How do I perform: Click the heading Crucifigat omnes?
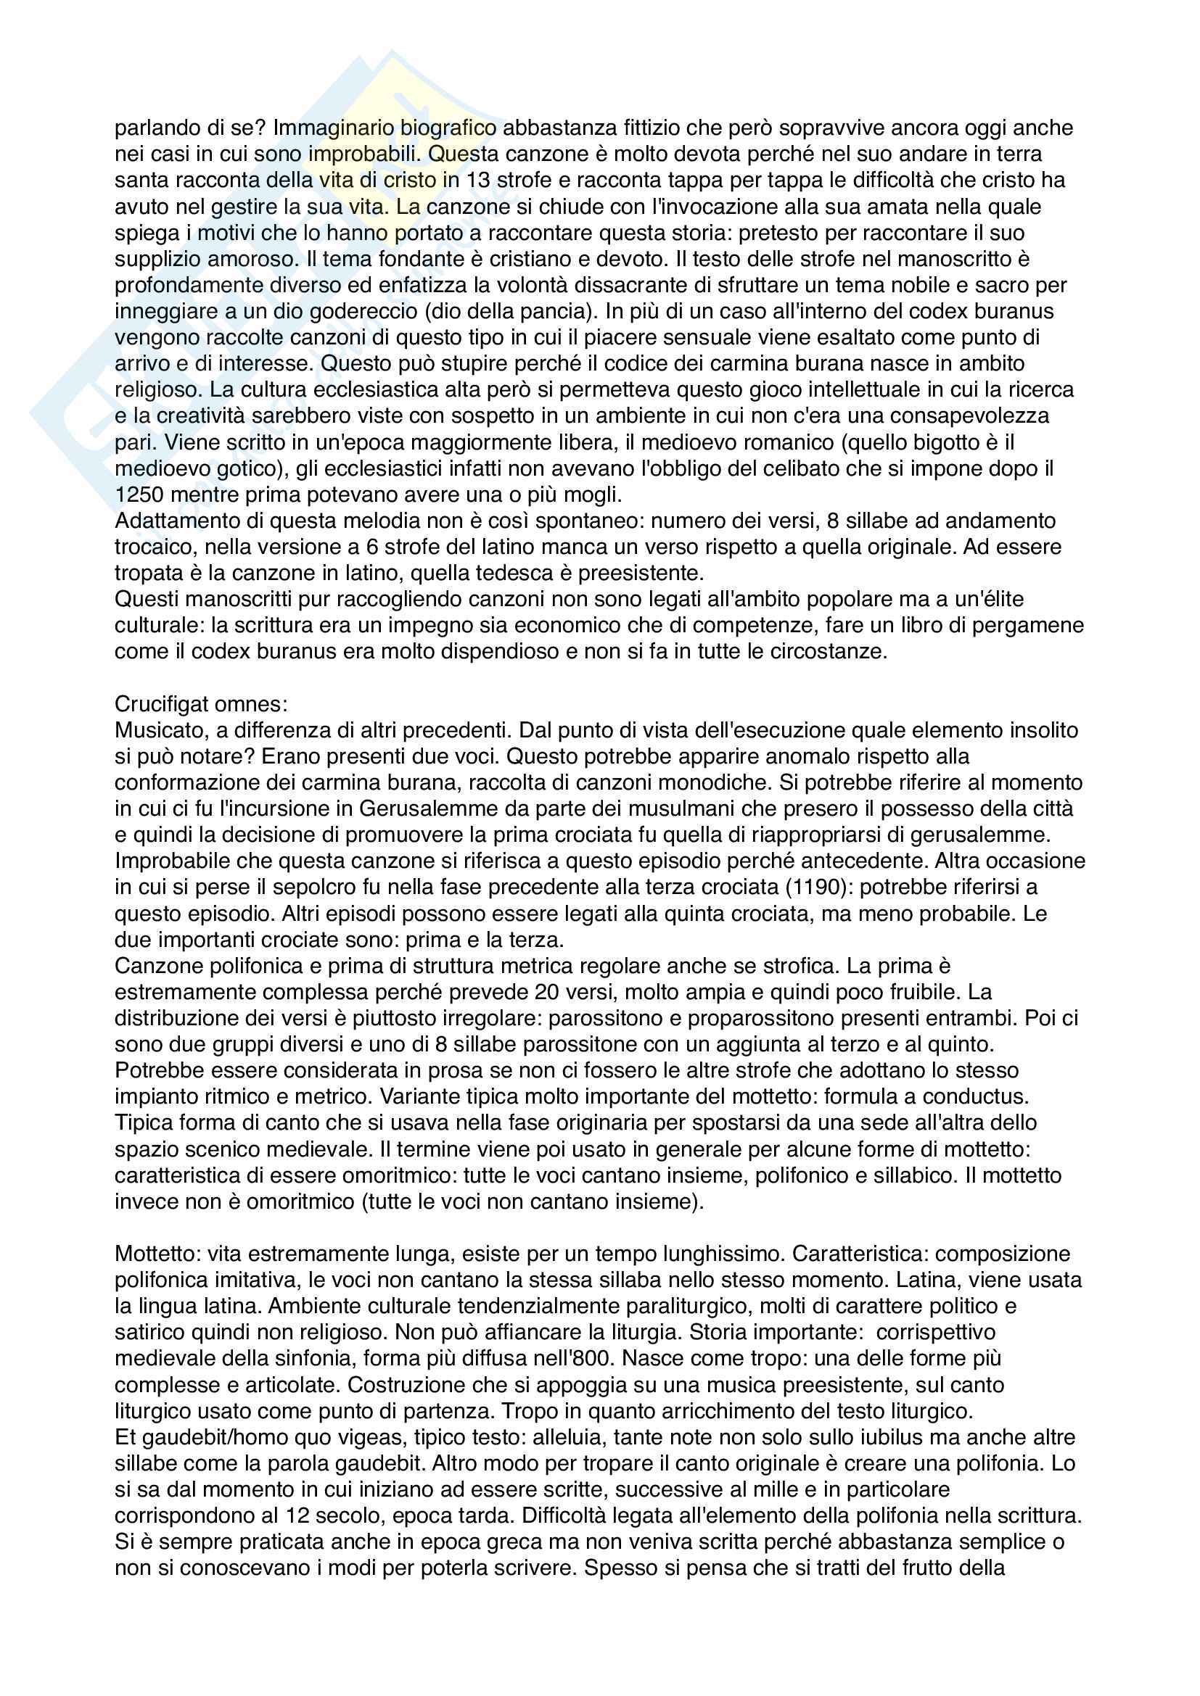pos(201,704)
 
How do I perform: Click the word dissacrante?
pos(654,285)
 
